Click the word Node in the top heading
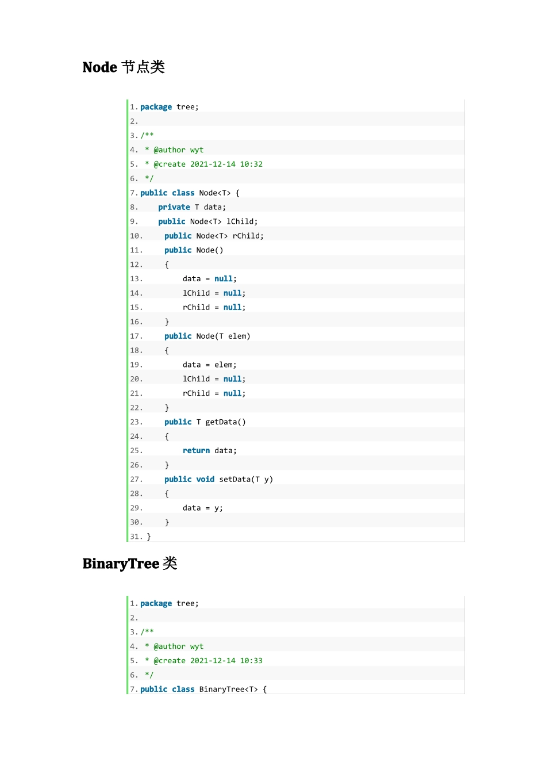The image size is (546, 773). coord(99,67)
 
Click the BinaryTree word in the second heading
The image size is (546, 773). coord(121,564)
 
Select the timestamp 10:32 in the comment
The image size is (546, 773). coord(251,164)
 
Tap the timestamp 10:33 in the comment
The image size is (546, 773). coord(251,660)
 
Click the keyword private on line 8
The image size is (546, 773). coord(174,207)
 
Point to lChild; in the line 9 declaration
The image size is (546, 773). coord(242,221)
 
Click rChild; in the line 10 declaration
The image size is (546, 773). coord(248,236)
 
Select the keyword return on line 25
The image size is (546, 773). coord(196,451)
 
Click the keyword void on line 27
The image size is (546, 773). coord(205,479)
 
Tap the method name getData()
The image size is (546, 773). coord(225,422)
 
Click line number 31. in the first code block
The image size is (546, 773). coord(136,537)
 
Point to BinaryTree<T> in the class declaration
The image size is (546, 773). coord(228,689)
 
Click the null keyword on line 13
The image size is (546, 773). coord(223,279)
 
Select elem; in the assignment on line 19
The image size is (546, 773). coord(225,365)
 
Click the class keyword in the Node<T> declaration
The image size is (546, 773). coord(183,193)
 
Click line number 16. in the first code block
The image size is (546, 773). coord(136,322)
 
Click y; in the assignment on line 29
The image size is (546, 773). coord(218,508)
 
